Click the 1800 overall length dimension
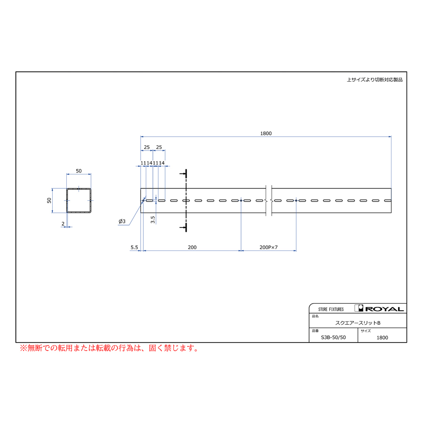[266, 133]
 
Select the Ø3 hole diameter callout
[122, 221]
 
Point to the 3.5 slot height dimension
[153, 219]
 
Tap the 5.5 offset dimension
[134, 247]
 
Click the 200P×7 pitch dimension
[268, 247]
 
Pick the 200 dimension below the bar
[192, 247]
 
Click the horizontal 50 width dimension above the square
[78, 171]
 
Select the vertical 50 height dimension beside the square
[49, 200]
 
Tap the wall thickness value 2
[63, 224]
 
